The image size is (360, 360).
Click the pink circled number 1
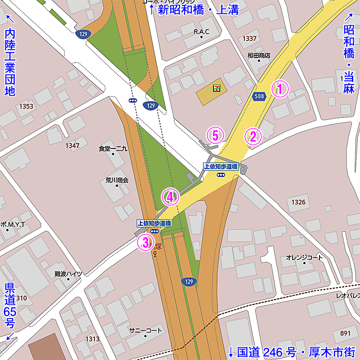[279, 89]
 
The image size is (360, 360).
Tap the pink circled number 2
[253, 136]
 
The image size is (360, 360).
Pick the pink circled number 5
[215, 135]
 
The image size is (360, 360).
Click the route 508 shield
[259, 96]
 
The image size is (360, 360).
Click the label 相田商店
[259, 56]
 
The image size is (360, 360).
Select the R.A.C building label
[202, 31]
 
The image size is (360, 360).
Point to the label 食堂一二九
[113, 148]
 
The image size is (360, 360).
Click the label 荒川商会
[117, 180]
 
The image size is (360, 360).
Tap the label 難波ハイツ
[68, 274]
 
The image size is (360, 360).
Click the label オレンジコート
[304, 257]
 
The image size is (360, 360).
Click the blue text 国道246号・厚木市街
[292, 351]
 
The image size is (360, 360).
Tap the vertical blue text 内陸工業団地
[10, 62]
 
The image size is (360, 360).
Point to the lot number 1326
[298, 202]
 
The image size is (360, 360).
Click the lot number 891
[345, 333]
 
